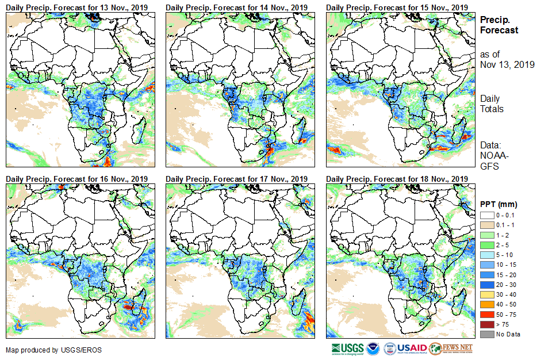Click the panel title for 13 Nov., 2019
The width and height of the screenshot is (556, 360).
[77, 7]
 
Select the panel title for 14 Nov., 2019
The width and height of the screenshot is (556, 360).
[237, 7]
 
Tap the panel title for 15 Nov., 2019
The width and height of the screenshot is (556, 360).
[397, 7]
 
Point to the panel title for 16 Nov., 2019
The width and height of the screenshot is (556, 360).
[77, 179]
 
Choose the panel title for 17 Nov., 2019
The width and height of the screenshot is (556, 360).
[237, 179]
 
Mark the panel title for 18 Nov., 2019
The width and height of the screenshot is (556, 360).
[397, 179]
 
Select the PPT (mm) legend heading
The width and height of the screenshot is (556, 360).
[499, 204]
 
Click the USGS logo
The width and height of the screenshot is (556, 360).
[347, 348]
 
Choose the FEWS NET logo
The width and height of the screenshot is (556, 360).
[451, 348]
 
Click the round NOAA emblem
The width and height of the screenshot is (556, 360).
[373, 348]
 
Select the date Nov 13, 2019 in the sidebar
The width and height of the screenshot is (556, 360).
[507, 64]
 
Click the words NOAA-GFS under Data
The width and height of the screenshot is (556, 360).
[490, 160]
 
